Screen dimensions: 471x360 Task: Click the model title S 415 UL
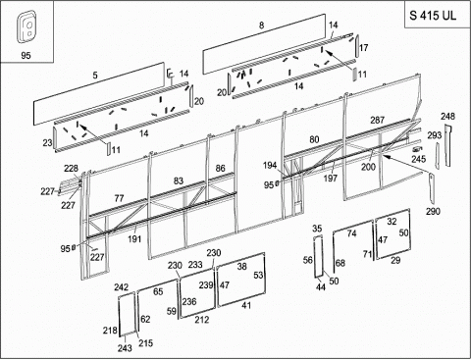pyautogui.click(x=433, y=16)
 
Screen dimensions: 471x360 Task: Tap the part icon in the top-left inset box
pyautogui.click(x=26, y=26)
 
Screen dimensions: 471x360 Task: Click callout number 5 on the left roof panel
pyautogui.click(x=95, y=76)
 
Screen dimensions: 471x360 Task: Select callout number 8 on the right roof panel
pyautogui.click(x=261, y=26)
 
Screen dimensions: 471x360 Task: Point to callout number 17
pyautogui.click(x=364, y=48)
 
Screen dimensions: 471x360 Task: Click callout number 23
pyautogui.click(x=47, y=142)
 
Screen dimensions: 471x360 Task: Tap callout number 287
pyautogui.click(x=377, y=120)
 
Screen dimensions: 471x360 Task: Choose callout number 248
pyautogui.click(x=447, y=116)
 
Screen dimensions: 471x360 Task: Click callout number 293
pyautogui.click(x=435, y=135)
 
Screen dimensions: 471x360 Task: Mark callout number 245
pyautogui.click(x=419, y=159)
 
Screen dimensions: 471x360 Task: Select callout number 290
pyautogui.click(x=433, y=211)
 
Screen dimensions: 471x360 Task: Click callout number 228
pyautogui.click(x=71, y=169)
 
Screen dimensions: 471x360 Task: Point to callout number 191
pyautogui.click(x=134, y=239)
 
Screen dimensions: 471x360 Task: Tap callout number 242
pyautogui.click(x=121, y=287)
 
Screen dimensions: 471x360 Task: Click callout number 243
pyautogui.click(x=125, y=348)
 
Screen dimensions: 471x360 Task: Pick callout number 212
pyautogui.click(x=202, y=320)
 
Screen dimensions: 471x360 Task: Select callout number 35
pyautogui.click(x=317, y=229)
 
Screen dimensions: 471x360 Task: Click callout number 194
pyautogui.click(x=270, y=166)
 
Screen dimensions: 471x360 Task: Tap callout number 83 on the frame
pyautogui.click(x=179, y=180)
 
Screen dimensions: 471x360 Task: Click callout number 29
pyautogui.click(x=395, y=260)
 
